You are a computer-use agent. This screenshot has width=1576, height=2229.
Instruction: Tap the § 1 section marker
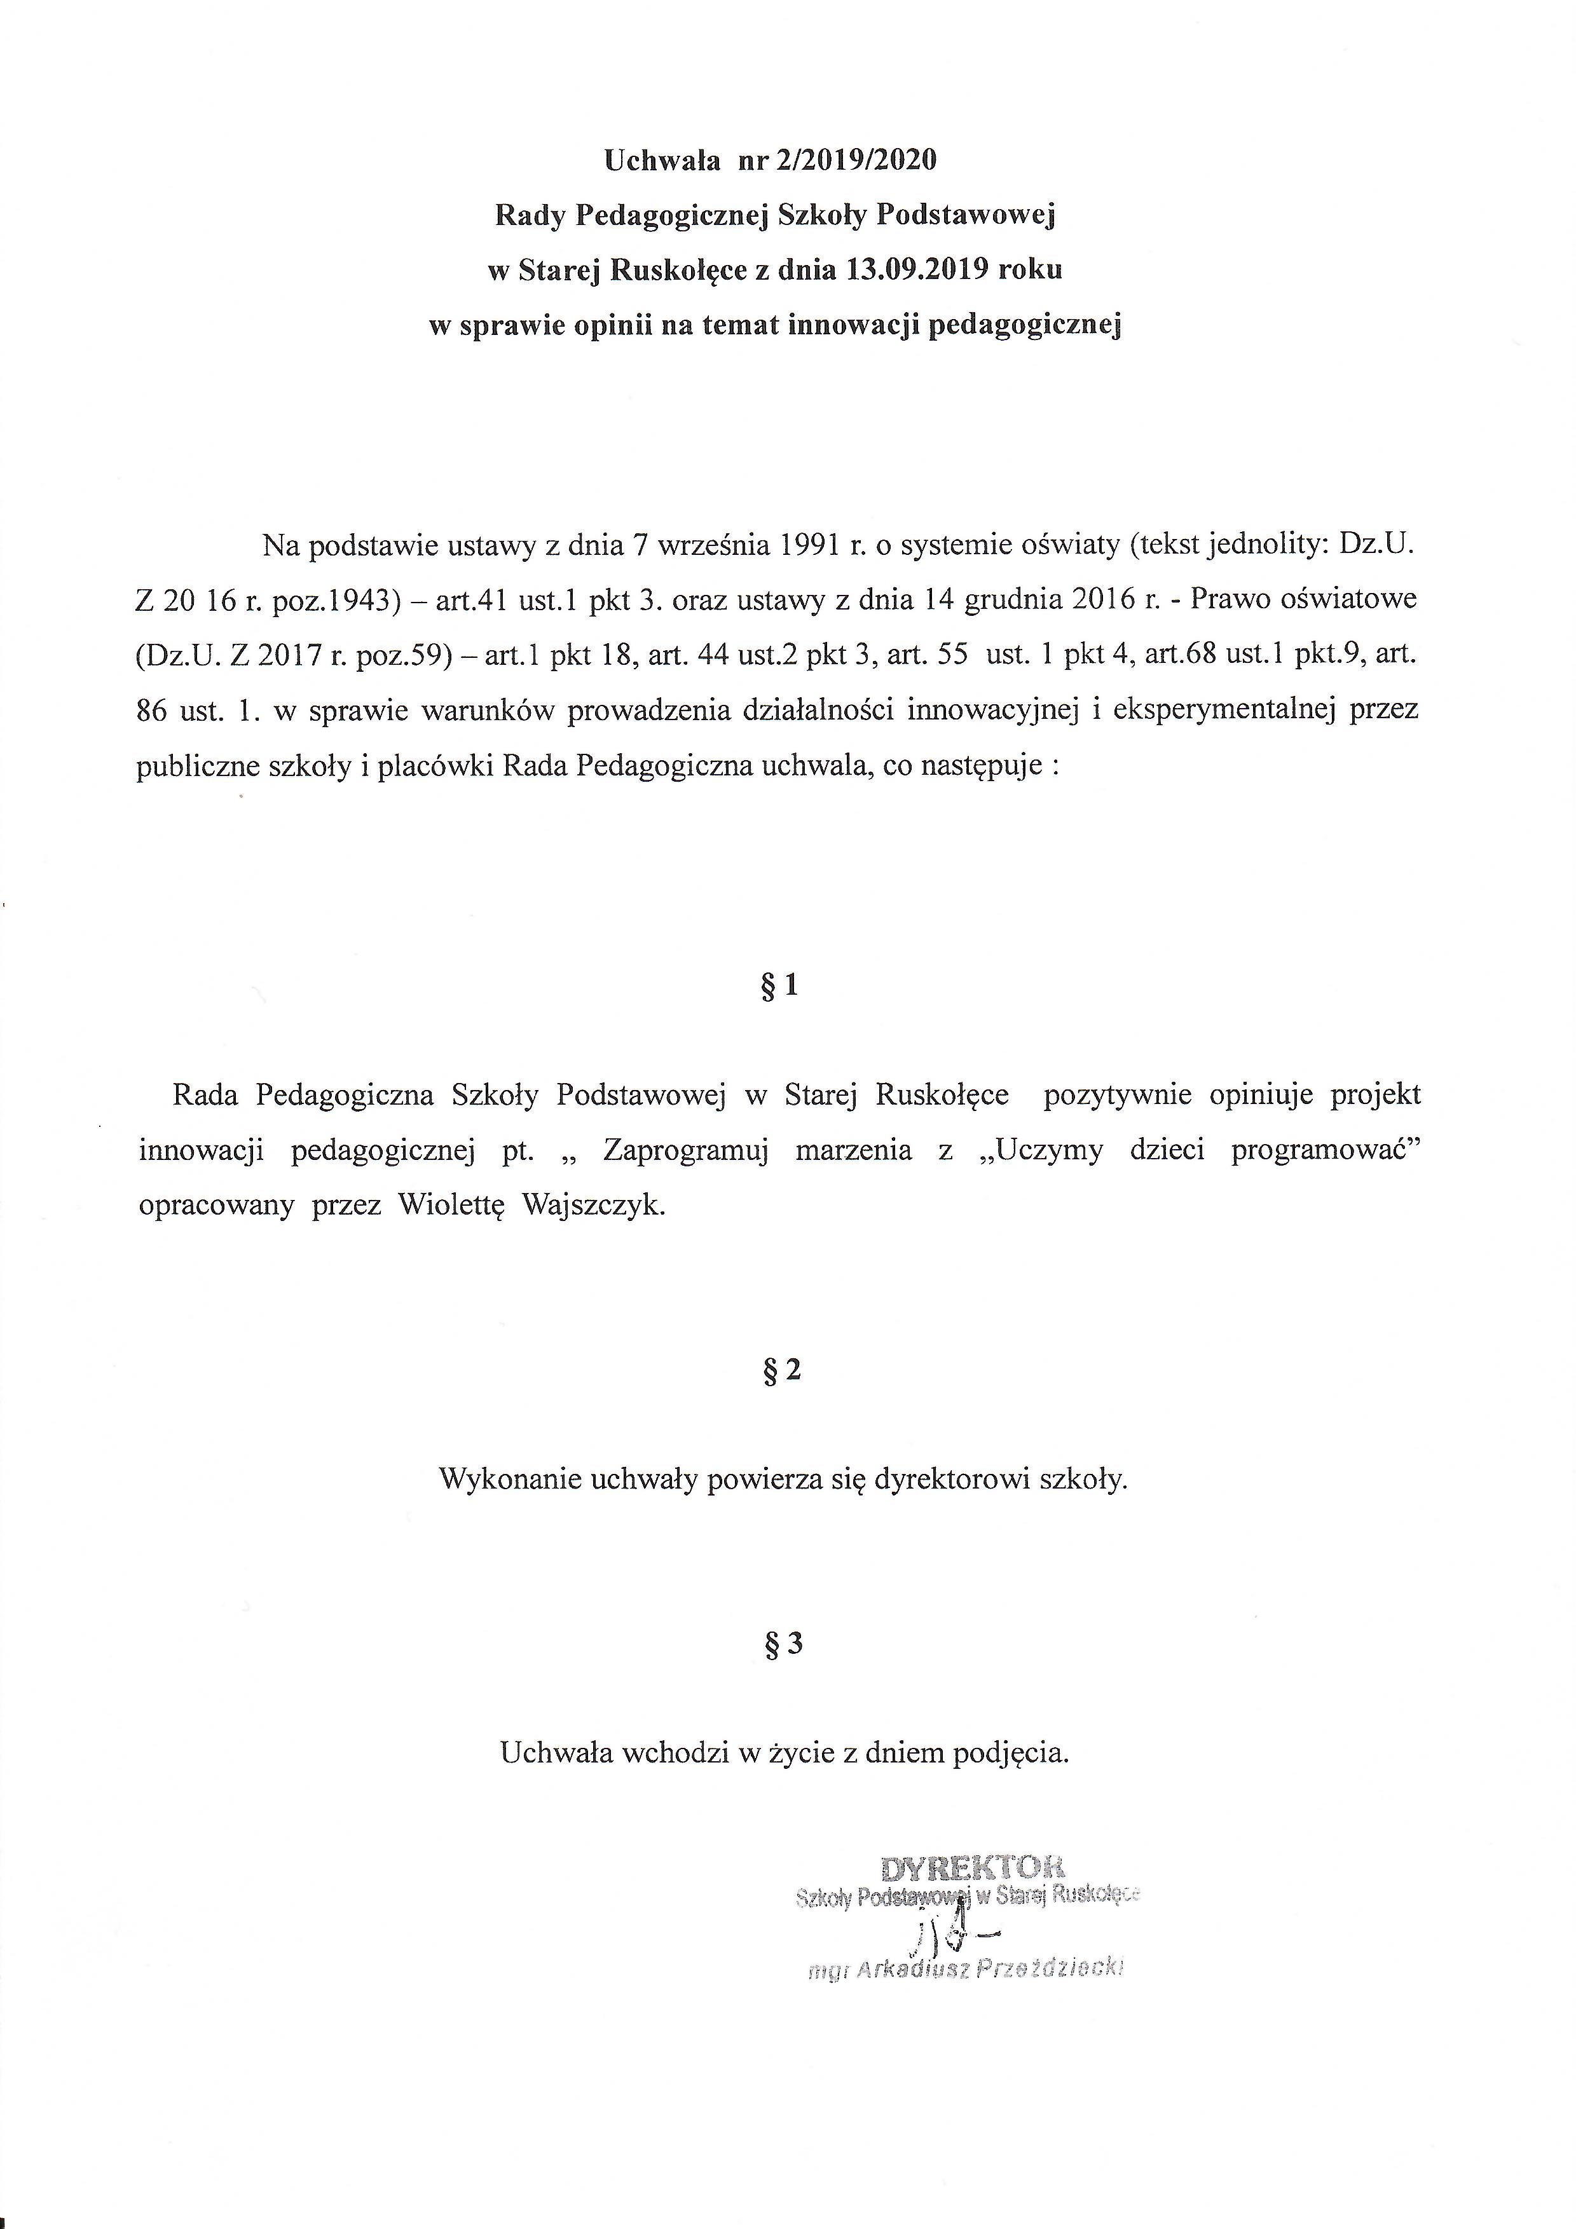[x=781, y=986]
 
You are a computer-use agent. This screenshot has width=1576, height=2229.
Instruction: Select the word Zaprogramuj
[x=685, y=1150]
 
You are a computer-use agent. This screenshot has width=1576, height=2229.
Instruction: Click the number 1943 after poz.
[x=360, y=600]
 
